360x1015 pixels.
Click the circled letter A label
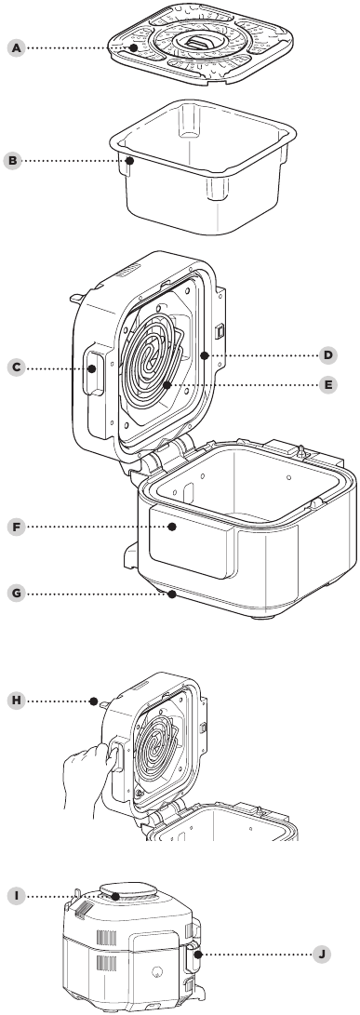(x=17, y=47)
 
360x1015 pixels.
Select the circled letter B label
(x=12, y=160)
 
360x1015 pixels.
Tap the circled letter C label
(x=17, y=367)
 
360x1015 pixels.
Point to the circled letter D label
(x=328, y=354)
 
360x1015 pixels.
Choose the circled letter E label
(x=328, y=384)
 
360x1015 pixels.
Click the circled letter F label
(x=17, y=527)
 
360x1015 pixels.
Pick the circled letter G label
(x=17, y=593)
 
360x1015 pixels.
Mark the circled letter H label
(x=17, y=701)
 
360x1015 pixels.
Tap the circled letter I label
(x=17, y=897)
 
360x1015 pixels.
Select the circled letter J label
(x=321, y=954)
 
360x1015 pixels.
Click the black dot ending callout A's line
(x=132, y=47)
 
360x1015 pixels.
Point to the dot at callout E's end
(x=167, y=384)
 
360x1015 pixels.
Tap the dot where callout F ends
(x=172, y=527)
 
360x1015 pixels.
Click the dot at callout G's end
(x=172, y=593)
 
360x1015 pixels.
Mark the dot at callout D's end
(x=204, y=354)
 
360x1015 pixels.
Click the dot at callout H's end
(x=95, y=701)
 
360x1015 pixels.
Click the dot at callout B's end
(x=129, y=160)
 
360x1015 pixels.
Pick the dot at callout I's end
(x=114, y=897)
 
